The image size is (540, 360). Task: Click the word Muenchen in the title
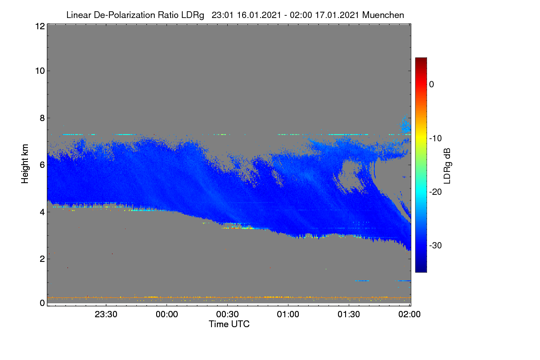click(x=383, y=15)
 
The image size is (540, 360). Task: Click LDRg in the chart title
click(x=193, y=15)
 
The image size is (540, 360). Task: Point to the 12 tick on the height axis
click(x=40, y=26)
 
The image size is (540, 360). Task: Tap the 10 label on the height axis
click(x=40, y=71)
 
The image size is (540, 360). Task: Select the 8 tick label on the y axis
click(x=42, y=118)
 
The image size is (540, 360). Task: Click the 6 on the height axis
click(x=42, y=165)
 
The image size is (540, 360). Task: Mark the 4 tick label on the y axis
click(x=42, y=212)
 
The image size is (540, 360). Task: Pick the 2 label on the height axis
click(x=42, y=259)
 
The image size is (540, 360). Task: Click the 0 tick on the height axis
click(x=42, y=303)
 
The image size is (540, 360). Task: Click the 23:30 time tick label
click(x=106, y=314)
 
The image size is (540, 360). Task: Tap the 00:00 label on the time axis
click(x=167, y=314)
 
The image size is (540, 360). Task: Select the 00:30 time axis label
click(x=227, y=314)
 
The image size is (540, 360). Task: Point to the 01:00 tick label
click(x=288, y=314)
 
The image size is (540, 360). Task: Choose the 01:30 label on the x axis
click(x=349, y=314)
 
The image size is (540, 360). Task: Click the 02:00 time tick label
click(x=409, y=314)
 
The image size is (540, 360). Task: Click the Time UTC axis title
click(x=229, y=324)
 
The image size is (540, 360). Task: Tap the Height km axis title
click(x=25, y=164)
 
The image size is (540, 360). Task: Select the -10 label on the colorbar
click(x=436, y=138)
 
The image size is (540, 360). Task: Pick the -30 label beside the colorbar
click(x=436, y=245)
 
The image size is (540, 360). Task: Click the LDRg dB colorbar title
click(x=447, y=166)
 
